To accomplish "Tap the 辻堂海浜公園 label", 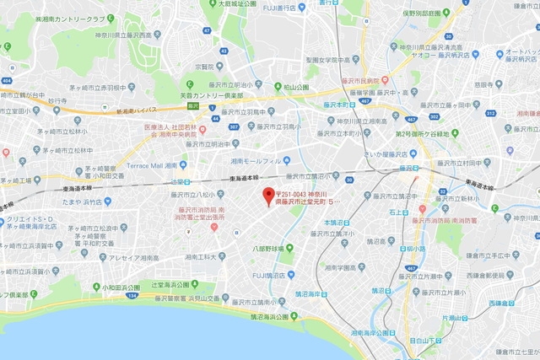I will tap(180, 285).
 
